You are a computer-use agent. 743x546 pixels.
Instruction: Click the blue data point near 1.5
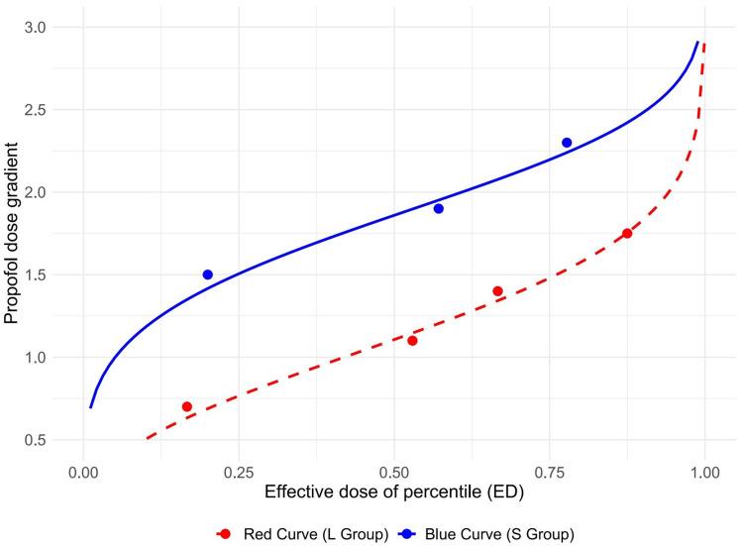tap(207, 274)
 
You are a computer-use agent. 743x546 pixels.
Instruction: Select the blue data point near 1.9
tap(438, 208)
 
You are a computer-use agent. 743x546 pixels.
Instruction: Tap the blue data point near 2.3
tap(567, 143)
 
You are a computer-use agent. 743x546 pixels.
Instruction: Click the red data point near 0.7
tap(186, 406)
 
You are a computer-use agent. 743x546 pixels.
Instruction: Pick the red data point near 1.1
tap(412, 341)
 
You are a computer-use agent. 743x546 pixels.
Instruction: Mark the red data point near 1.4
tap(497, 291)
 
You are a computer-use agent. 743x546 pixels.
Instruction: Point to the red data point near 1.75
tap(627, 234)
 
